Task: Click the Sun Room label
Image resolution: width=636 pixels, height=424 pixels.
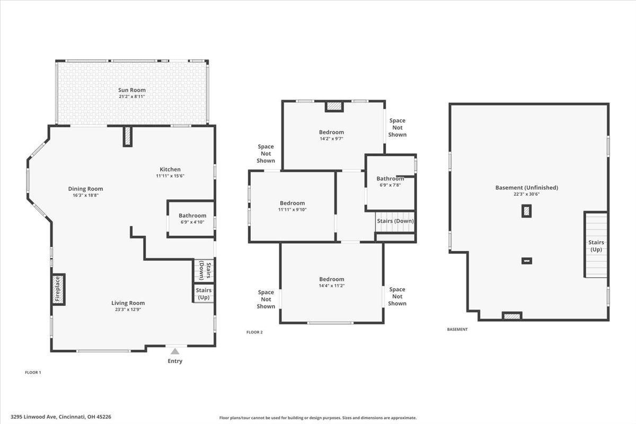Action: point(132,90)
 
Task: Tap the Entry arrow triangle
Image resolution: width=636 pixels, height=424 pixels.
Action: point(175,351)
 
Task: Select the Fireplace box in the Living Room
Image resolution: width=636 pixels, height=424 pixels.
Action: point(58,289)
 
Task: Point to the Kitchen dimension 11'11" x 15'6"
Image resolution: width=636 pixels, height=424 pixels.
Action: point(170,176)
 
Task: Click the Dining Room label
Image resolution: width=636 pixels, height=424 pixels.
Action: point(85,189)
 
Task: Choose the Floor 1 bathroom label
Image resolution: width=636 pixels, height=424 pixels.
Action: point(192,216)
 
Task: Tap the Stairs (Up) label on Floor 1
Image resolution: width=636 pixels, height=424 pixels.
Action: point(204,294)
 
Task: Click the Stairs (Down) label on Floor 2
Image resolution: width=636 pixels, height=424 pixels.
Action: point(395,221)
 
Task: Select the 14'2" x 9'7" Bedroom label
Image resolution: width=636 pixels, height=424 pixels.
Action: point(331,132)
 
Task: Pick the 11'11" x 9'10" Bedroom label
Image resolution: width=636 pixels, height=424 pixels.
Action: point(292,203)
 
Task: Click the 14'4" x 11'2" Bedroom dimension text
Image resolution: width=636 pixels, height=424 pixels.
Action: point(332,286)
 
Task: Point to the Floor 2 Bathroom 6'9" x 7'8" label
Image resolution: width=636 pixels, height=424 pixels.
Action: point(390,181)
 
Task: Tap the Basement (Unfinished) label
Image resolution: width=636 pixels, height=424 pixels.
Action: point(527,188)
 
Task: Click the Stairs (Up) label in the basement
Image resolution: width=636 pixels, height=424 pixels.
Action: point(596,246)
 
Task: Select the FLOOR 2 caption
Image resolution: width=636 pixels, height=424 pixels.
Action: point(254,332)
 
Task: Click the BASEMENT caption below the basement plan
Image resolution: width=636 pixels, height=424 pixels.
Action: point(457,330)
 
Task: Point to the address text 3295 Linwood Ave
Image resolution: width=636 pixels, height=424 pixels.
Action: point(34,417)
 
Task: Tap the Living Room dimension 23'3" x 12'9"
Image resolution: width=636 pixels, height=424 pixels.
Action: point(128,310)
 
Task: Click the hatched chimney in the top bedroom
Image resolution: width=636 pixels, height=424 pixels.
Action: point(334,106)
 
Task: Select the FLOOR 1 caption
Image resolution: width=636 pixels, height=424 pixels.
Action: point(33,372)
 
